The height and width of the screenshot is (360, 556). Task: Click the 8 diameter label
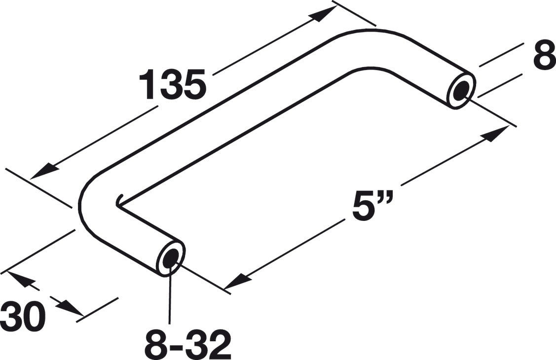click(x=544, y=58)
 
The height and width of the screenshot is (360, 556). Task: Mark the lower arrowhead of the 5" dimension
click(x=236, y=282)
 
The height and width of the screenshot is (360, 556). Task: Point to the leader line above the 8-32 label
click(x=171, y=296)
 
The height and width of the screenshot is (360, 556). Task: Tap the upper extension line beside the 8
click(x=501, y=54)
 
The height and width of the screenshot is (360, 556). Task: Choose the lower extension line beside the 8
click(x=500, y=86)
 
